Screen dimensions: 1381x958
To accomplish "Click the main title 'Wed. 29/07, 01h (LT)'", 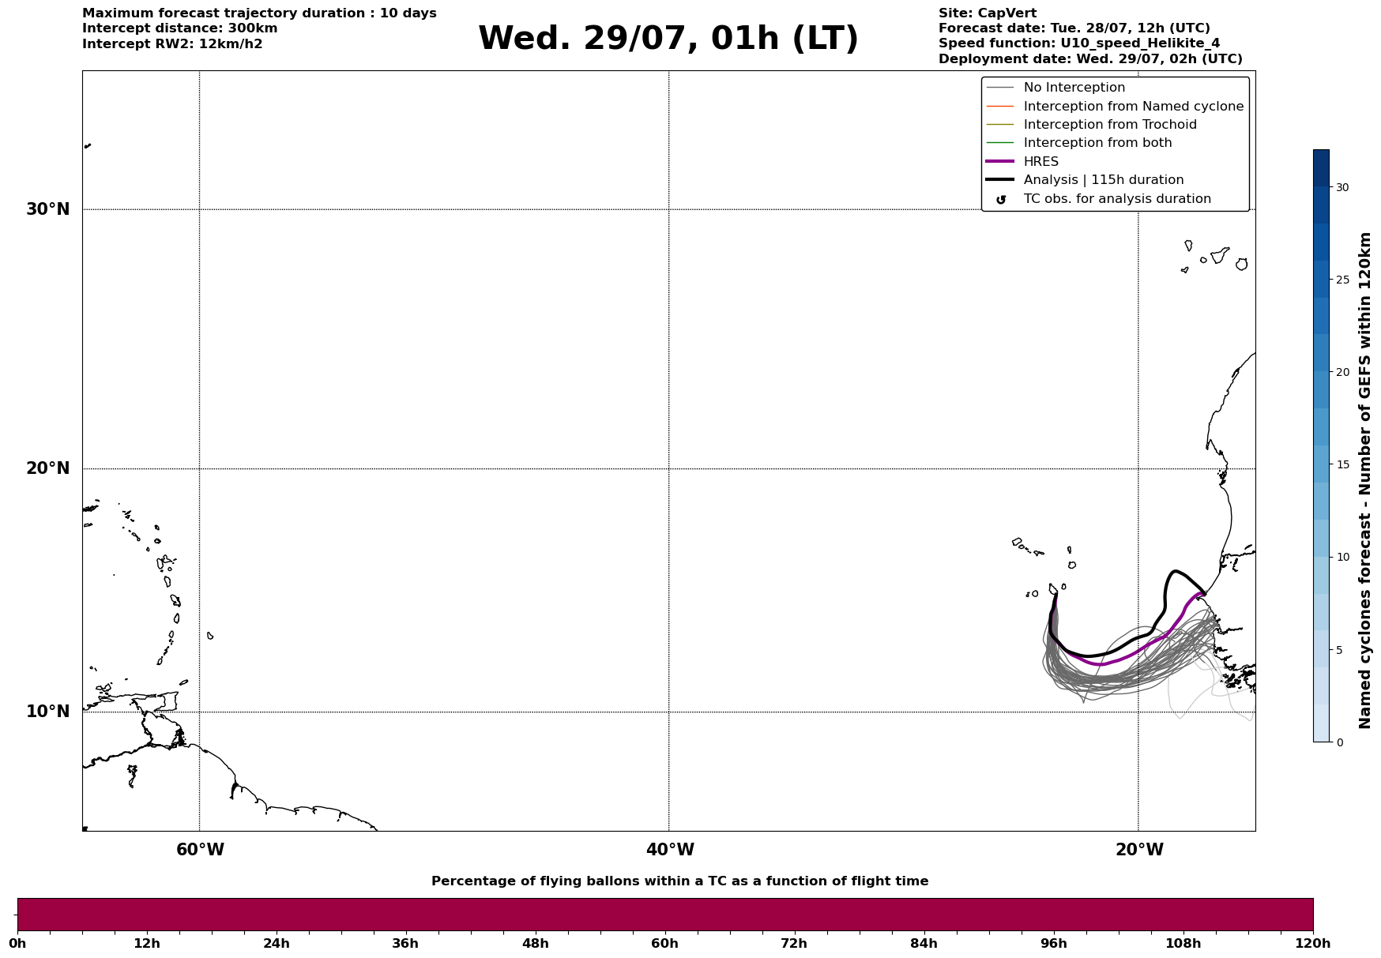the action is pos(668,38).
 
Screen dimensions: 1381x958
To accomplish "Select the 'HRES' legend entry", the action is pos(1040,162).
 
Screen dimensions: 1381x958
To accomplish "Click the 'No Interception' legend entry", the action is pos(1074,88).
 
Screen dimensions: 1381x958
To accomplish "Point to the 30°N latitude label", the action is pos(48,209).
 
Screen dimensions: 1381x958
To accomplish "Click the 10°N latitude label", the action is pos(48,712).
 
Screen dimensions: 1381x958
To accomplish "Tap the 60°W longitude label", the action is pos(200,850).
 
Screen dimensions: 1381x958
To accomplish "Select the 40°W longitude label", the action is pos(670,850).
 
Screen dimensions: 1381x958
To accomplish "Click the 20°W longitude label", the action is pos(1139,850).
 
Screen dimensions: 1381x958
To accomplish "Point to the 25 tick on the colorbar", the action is pos(1342,280).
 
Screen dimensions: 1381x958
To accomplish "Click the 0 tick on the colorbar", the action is pos(1339,742).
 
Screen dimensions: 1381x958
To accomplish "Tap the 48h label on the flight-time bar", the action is pos(535,943).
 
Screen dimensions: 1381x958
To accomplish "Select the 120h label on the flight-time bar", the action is pos(1313,943).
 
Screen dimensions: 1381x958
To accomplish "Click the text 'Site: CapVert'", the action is pos(988,13).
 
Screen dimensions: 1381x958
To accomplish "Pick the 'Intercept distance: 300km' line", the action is pos(180,28).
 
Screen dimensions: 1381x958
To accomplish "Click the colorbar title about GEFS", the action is pos(1364,480).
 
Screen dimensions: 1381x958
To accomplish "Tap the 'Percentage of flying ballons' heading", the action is pos(680,881).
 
